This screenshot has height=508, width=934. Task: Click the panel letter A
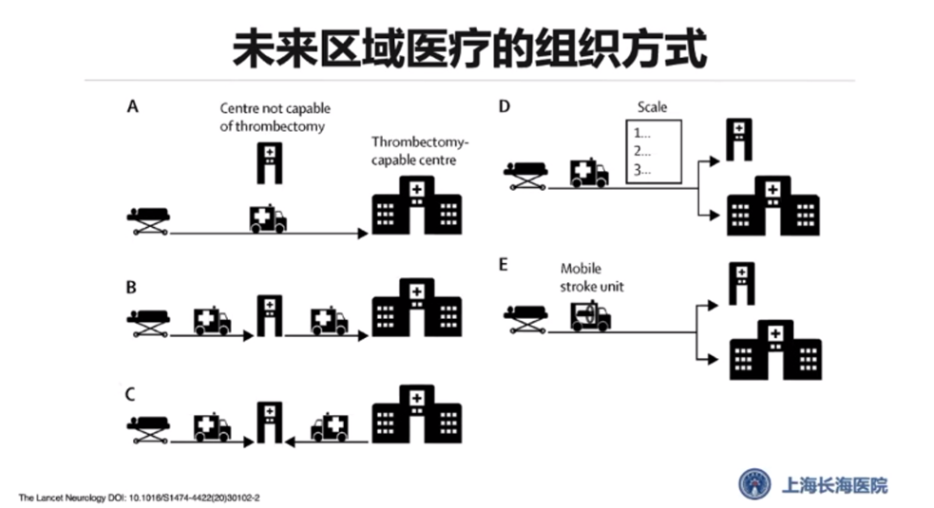(133, 106)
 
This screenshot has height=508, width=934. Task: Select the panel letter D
(504, 106)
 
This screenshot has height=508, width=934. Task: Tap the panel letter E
(504, 263)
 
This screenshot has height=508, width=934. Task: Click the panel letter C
(134, 393)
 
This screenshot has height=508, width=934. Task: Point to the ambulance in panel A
(267, 219)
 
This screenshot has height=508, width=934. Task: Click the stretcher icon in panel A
(148, 220)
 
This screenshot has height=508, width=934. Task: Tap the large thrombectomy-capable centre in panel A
(415, 211)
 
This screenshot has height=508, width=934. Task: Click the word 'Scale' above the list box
(652, 107)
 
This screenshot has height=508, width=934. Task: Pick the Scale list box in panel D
(654, 151)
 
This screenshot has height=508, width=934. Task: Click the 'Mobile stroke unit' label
(592, 276)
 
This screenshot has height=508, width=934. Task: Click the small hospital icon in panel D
(740, 139)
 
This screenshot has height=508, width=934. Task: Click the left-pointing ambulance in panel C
(329, 427)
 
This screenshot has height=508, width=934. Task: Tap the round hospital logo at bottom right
(756, 484)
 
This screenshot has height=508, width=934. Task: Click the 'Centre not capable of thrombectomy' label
(275, 117)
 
